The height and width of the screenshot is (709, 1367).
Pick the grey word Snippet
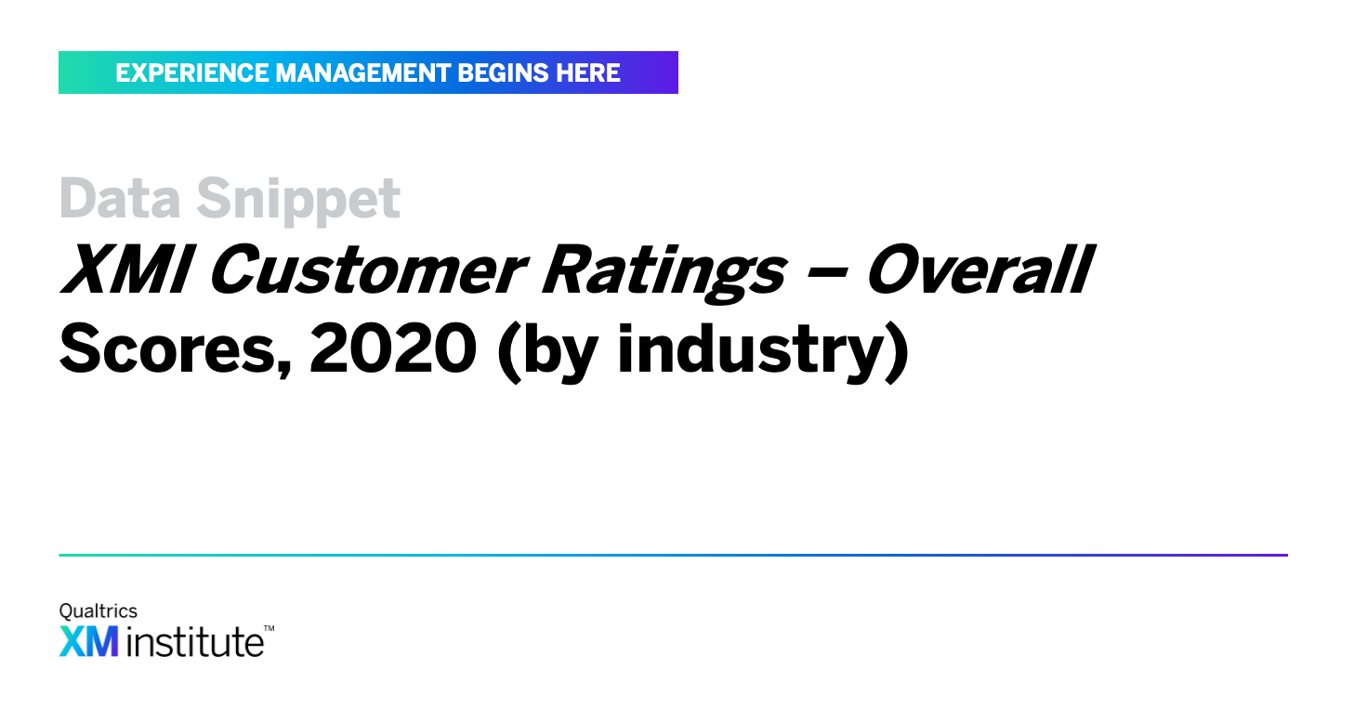pyautogui.click(x=297, y=202)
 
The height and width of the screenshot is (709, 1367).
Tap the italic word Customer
pyautogui.click(x=367, y=269)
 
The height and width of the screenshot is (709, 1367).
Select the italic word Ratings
pyautogui.click(x=664, y=273)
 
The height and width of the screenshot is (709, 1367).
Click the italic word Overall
pyautogui.click(x=980, y=269)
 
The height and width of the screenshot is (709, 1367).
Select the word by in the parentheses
pyautogui.click(x=559, y=353)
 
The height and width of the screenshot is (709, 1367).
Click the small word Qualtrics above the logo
pyautogui.click(x=99, y=611)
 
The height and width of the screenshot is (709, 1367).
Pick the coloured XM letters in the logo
pyautogui.click(x=88, y=641)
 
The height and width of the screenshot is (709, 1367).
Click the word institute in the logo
pyautogui.click(x=195, y=641)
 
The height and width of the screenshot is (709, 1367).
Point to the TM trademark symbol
pyautogui.click(x=269, y=628)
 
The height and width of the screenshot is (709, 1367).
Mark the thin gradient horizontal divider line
pyautogui.click(x=673, y=556)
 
